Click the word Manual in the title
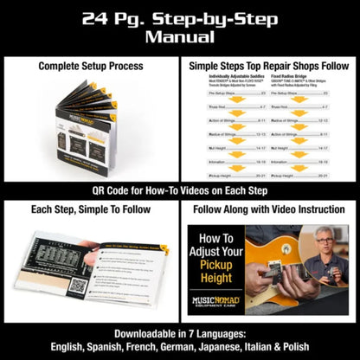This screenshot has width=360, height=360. [180, 38]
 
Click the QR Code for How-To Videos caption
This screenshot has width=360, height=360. [180, 191]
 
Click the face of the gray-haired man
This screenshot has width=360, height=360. [322, 239]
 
